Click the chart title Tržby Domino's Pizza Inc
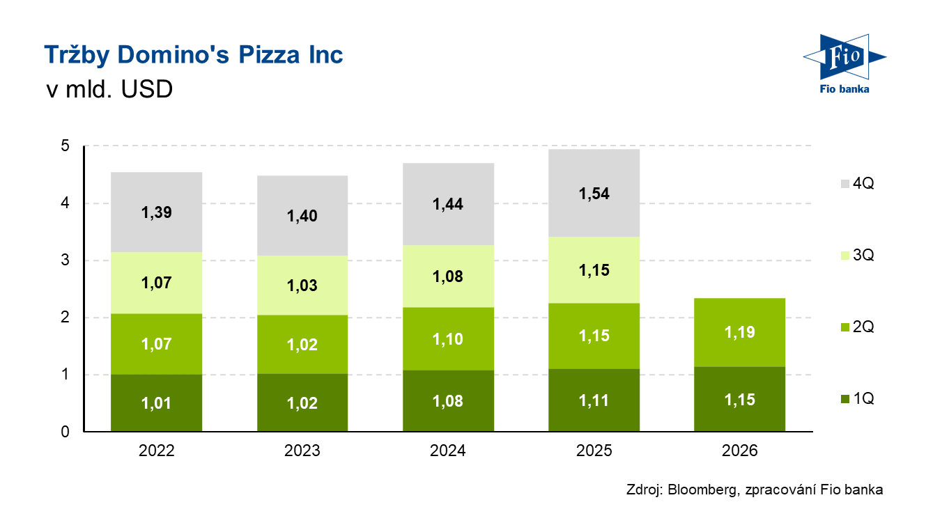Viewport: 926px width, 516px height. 194,55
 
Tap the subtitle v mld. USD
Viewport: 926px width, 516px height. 109,89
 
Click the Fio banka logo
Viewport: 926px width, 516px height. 844,63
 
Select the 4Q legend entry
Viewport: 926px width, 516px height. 858,183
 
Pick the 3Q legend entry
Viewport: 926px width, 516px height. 858,255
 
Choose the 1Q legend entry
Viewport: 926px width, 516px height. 858,399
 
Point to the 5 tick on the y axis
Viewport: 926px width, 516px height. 65,146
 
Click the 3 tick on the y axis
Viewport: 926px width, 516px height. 65,260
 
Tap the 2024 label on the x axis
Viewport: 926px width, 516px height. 448,451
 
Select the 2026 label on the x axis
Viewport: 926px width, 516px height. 739,451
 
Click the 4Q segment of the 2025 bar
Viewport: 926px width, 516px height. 594,193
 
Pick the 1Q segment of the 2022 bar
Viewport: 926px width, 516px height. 156,402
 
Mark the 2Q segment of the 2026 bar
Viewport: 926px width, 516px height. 739,333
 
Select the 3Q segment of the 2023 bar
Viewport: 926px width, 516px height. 302,286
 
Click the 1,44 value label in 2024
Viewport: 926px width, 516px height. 448,204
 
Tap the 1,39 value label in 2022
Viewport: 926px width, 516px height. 156,212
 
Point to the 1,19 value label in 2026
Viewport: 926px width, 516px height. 739,332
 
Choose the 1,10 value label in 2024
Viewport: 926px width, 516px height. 448,339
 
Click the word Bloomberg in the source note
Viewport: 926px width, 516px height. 702,490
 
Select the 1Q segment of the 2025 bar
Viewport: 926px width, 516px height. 594,400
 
